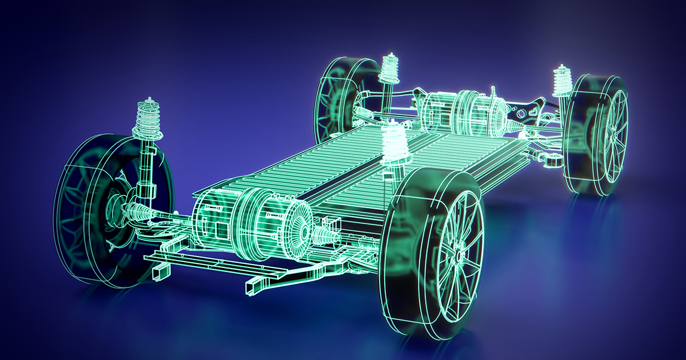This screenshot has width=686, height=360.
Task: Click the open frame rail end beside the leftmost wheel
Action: coord(158,275)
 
